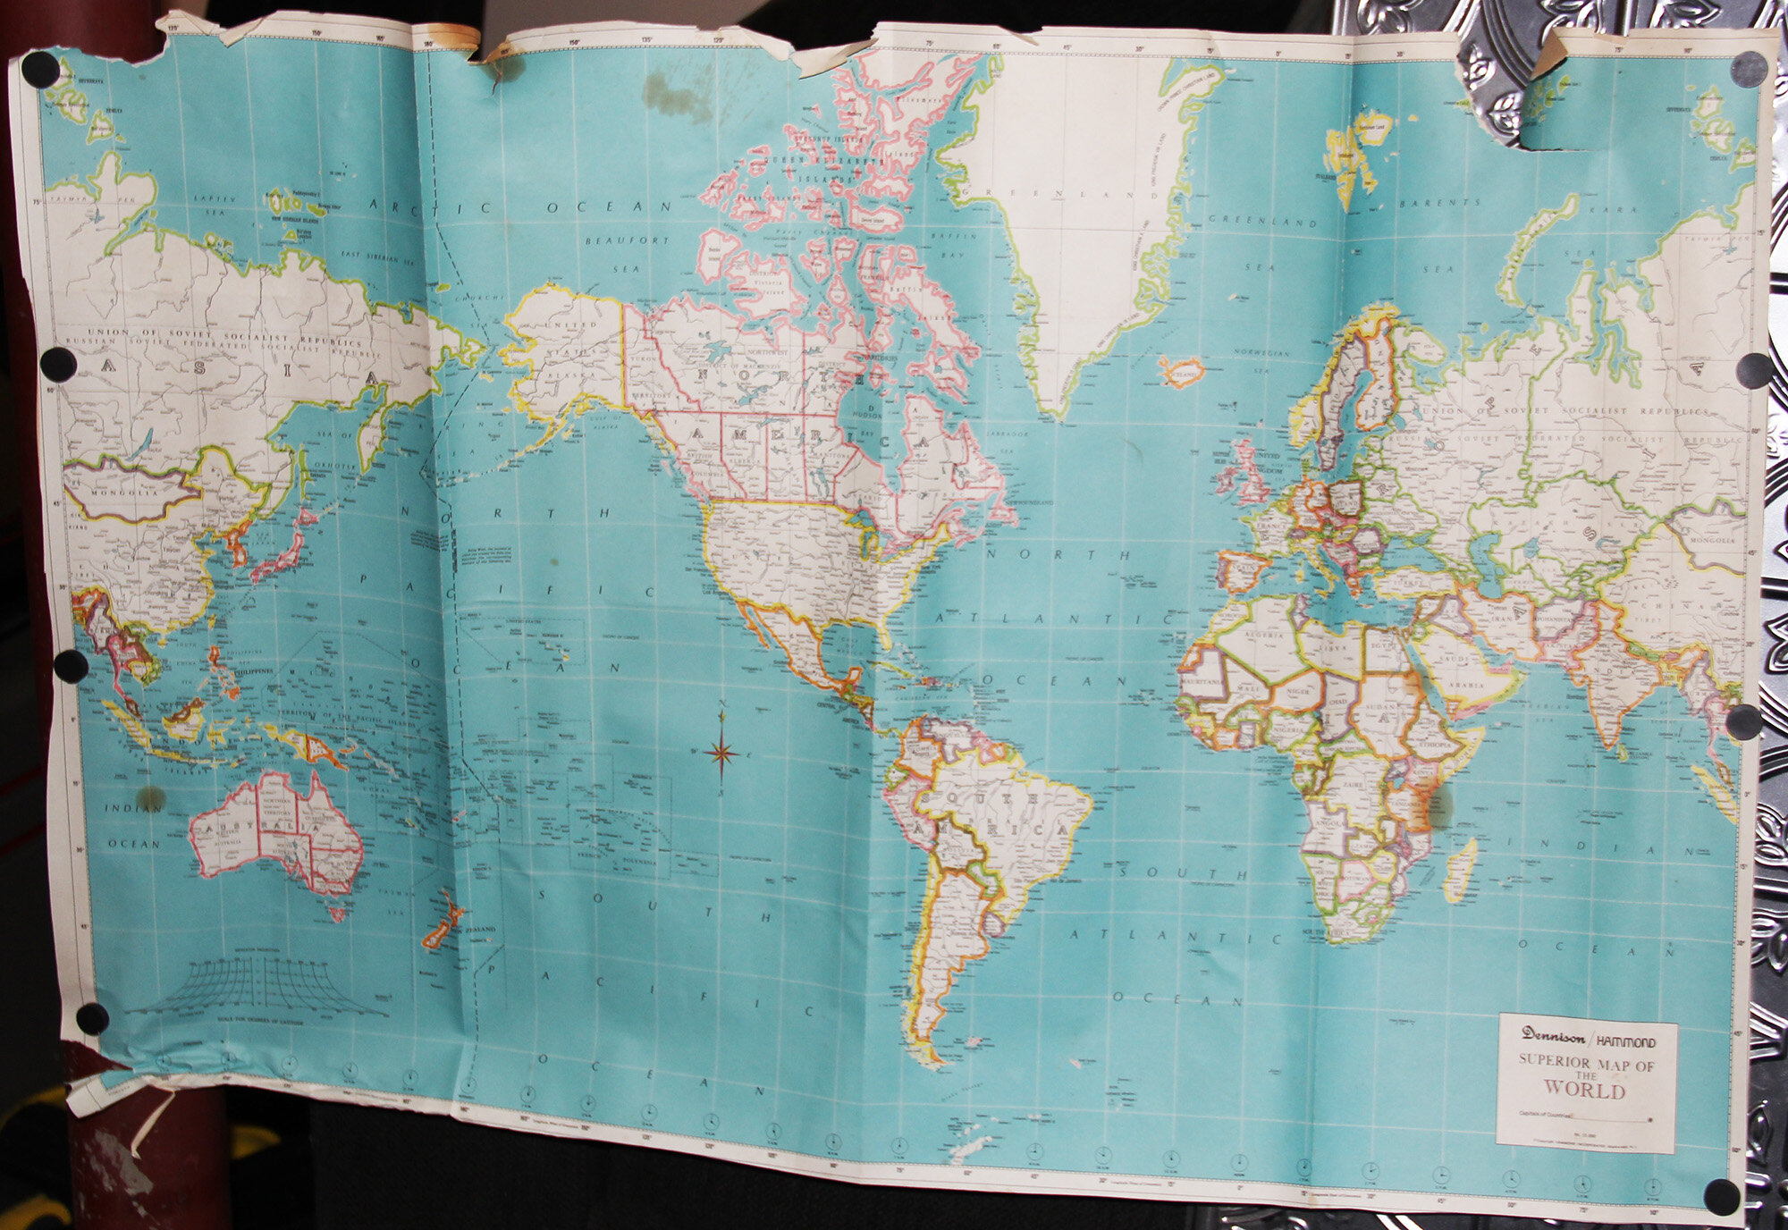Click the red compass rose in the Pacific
pos(721,754)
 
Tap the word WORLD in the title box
pos(1593,1091)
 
